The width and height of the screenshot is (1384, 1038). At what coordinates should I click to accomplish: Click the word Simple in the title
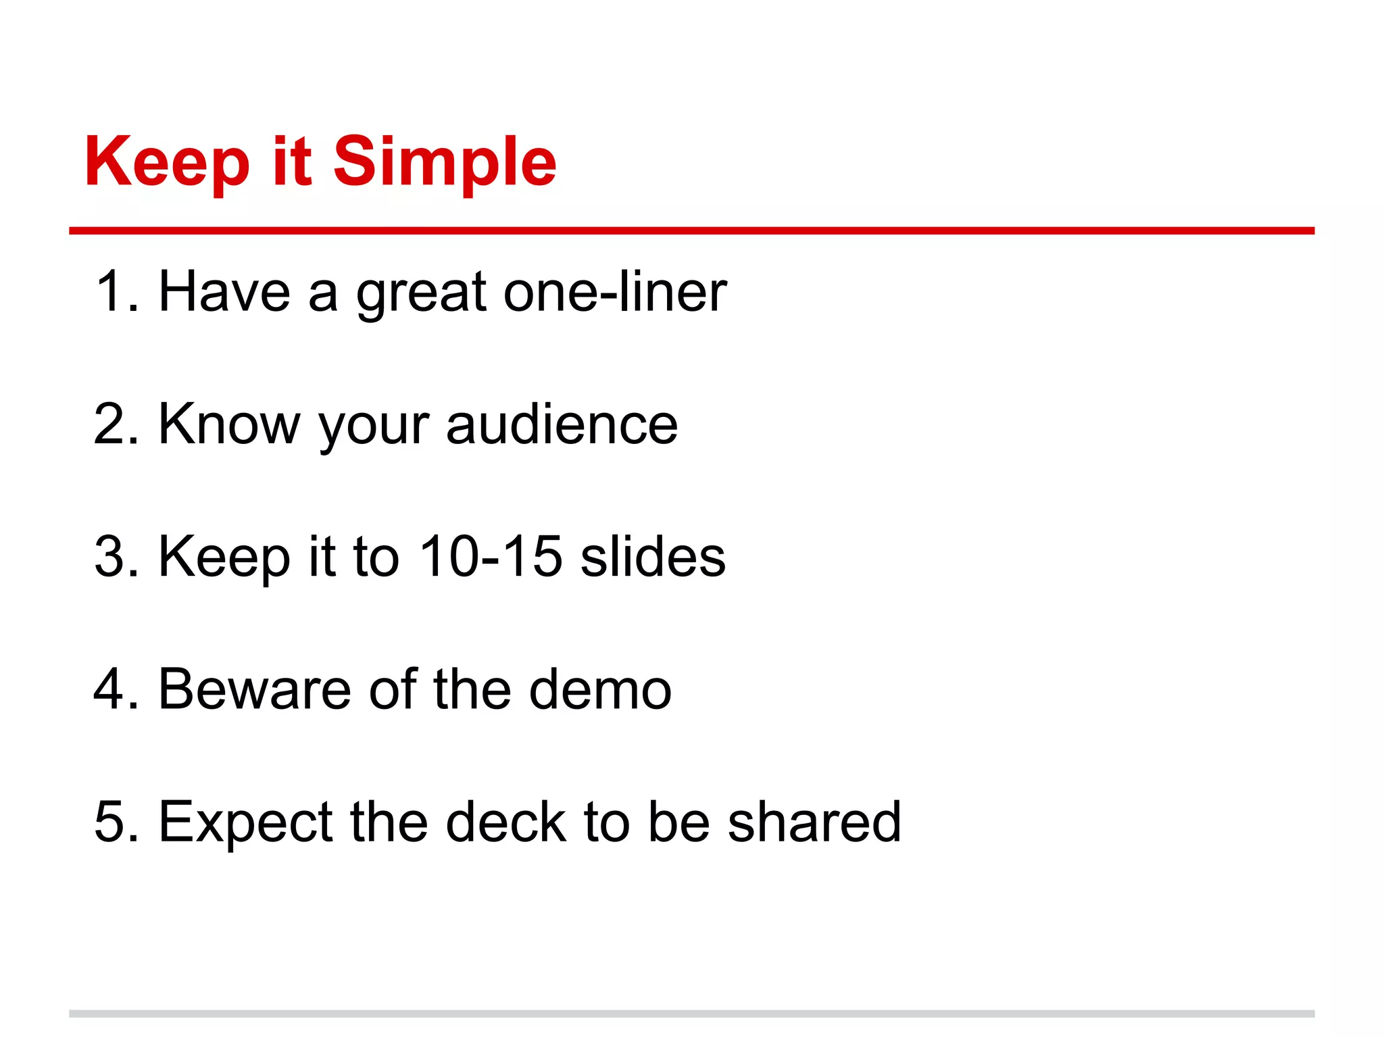pos(445,162)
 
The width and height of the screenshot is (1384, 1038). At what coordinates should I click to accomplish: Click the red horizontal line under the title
pos(691,231)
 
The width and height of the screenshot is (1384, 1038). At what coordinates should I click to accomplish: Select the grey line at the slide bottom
pos(691,1014)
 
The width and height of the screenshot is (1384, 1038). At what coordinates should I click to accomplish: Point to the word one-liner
pos(615,292)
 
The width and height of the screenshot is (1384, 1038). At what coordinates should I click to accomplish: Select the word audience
pos(562,424)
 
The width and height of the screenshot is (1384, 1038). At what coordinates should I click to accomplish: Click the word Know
pos(229,424)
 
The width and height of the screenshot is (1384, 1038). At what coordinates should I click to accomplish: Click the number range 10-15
pos(490,557)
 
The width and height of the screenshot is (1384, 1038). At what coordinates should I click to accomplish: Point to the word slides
pos(653,557)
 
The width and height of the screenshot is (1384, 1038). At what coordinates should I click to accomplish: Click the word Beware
pos(254,689)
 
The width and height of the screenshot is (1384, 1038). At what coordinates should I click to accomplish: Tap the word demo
pos(600,689)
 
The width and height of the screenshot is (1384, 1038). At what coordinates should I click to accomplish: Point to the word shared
pos(814,822)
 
